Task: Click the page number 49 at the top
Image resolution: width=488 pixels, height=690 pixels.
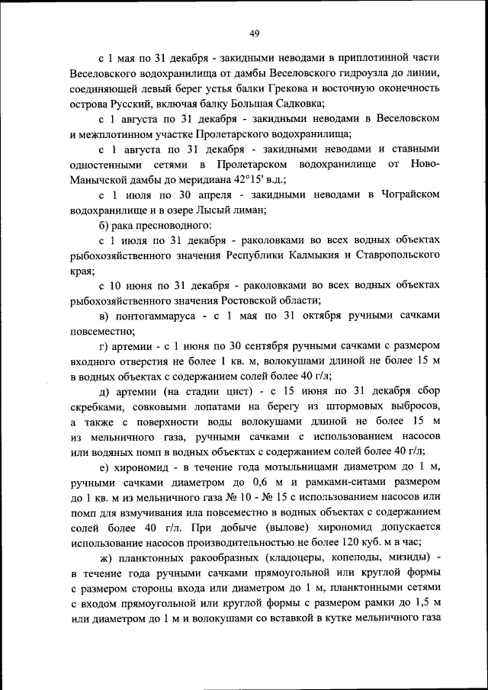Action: pos(255,32)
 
